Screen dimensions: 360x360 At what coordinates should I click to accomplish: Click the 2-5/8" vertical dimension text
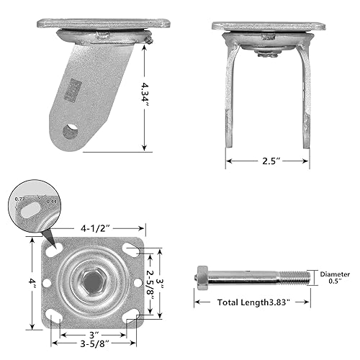point(150,282)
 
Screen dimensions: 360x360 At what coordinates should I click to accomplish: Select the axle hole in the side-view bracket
point(71,131)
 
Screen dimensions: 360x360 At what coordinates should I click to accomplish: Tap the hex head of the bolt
point(202,276)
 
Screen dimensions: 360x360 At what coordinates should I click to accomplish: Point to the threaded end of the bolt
point(293,276)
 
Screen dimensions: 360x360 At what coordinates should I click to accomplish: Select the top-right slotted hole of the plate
point(131,249)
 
